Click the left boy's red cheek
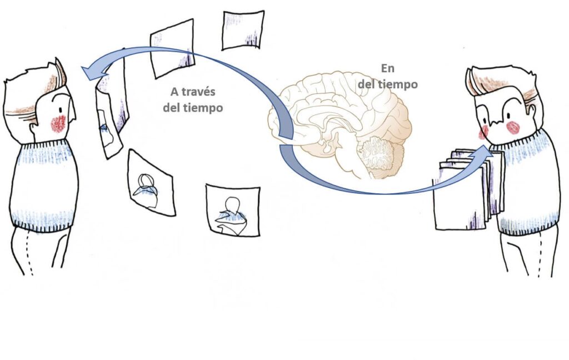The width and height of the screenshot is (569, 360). pos(58,123)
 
